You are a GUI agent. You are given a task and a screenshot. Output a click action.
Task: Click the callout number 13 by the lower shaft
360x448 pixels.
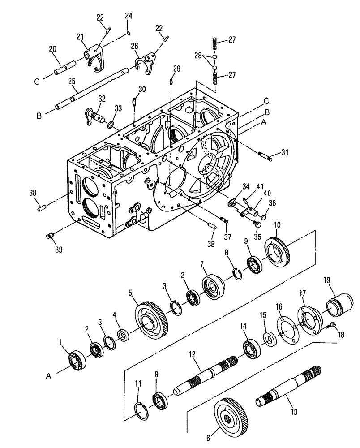click(x=294, y=411)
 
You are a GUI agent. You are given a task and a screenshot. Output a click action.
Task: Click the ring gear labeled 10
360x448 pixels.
click(x=279, y=255)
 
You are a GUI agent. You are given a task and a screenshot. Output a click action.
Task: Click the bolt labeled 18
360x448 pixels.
click(x=333, y=324)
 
